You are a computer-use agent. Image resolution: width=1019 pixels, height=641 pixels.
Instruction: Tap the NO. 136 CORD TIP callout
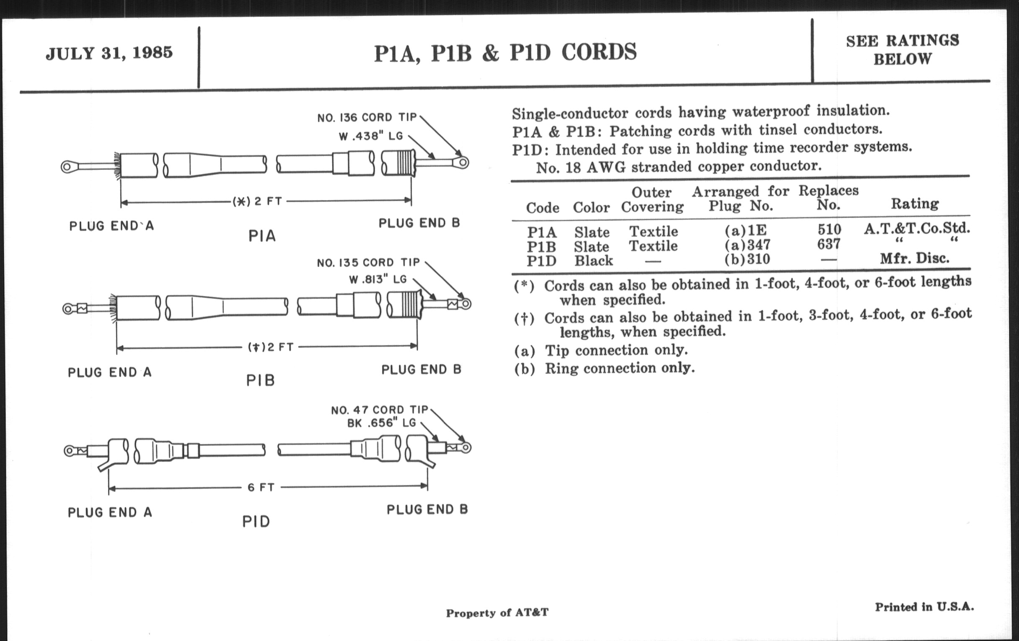(367, 117)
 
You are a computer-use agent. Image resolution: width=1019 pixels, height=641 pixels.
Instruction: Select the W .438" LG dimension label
(371, 137)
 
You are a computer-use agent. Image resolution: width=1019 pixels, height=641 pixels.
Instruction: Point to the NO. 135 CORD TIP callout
(368, 263)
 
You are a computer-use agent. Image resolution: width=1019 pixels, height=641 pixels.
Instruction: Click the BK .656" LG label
(381, 423)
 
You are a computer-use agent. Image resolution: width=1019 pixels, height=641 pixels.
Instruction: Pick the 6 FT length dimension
(261, 487)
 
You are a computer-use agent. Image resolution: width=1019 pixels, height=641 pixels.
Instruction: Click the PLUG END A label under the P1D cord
(110, 512)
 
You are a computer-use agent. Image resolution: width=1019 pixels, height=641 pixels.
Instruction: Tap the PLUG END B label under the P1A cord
(419, 223)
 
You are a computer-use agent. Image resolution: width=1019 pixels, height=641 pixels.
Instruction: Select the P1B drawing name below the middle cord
(261, 380)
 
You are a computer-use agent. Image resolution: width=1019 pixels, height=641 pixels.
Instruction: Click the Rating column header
(915, 204)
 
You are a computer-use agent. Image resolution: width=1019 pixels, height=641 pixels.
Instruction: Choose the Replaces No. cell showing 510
(829, 229)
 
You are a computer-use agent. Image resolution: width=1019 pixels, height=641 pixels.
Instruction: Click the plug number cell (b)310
(747, 258)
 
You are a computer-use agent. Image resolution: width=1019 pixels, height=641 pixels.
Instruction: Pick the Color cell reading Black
(593, 261)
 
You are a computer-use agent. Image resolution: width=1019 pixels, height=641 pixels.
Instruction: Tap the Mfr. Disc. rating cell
(915, 258)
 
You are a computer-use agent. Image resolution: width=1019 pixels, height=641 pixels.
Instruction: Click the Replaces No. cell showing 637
(828, 244)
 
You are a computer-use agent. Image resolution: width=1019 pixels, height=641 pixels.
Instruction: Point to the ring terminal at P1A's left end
(67, 167)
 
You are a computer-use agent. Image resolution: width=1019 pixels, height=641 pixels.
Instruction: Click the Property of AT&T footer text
(497, 613)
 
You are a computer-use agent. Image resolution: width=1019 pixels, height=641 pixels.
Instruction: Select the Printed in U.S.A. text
(924, 607)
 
